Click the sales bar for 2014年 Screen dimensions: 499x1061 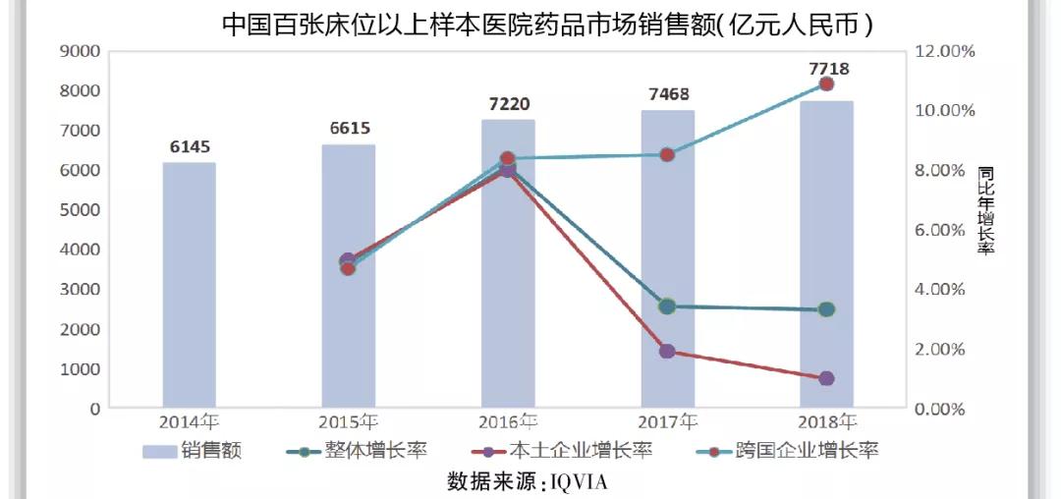188,285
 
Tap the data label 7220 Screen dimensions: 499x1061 507,104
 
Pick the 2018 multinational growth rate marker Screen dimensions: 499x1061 826,84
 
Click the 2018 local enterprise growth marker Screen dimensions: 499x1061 826,378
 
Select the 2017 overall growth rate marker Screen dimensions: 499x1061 667,306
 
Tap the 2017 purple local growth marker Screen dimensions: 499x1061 667,351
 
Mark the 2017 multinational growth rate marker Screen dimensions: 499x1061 667,154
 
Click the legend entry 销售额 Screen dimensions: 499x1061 193,452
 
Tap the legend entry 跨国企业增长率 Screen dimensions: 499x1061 792,452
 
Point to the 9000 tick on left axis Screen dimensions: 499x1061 78,51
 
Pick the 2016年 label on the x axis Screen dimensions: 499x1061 509,423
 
